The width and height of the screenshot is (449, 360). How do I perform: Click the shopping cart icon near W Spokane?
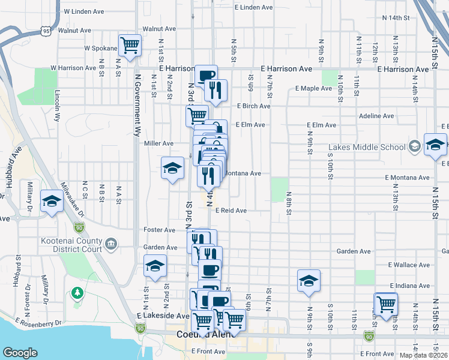[130, 45]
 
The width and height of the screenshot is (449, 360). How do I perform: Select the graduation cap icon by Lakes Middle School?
[435, 145]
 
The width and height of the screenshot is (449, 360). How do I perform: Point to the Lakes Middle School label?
[367, 148]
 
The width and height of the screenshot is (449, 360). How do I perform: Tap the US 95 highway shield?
[46, 30]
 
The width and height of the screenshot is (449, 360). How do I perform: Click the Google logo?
[20, 353]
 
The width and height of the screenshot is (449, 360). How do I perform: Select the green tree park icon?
[76, 293]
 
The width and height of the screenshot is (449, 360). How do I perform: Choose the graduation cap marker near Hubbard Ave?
[52, 201]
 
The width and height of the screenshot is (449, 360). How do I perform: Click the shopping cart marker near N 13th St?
[385, 304]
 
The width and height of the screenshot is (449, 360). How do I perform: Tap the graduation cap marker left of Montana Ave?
[172, 168]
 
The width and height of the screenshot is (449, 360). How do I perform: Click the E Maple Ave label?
[313, 89]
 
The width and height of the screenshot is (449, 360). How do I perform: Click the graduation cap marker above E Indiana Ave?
[309, 281]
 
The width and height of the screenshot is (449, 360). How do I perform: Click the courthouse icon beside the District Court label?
[110, 244]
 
